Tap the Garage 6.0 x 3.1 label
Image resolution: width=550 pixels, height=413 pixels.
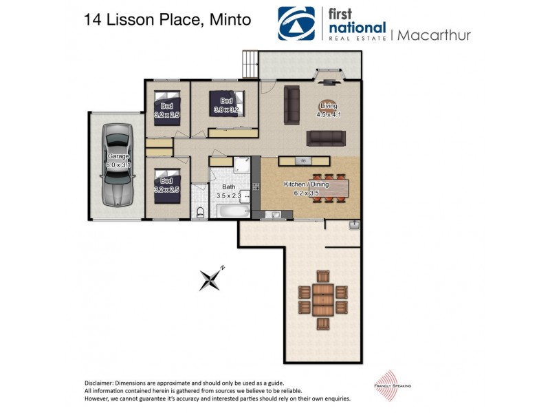[118, 161]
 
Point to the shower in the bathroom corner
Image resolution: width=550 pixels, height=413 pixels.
[241, 165]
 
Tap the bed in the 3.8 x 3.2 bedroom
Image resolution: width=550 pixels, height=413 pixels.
[227, 105]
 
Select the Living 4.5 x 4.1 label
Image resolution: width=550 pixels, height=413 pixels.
[328, 109]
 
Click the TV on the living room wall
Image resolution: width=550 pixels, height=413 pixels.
[328, 83]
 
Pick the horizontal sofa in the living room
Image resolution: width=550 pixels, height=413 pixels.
[325, 138]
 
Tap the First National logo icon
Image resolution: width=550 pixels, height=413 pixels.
[296, 24]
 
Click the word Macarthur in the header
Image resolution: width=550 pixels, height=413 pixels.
[432, 35]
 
